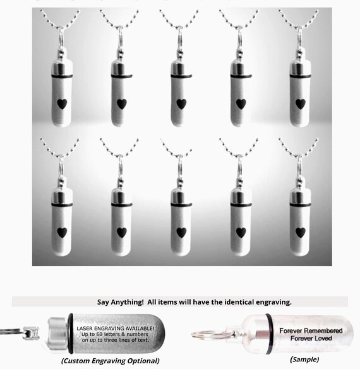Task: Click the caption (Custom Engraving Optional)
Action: [110, 361]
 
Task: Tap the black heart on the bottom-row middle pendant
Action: [181, 232]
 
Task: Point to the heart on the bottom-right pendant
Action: [300, 232]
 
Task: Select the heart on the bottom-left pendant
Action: [61, 232]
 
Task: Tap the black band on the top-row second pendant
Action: [120, 76]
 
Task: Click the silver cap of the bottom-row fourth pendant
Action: [241, 194]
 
